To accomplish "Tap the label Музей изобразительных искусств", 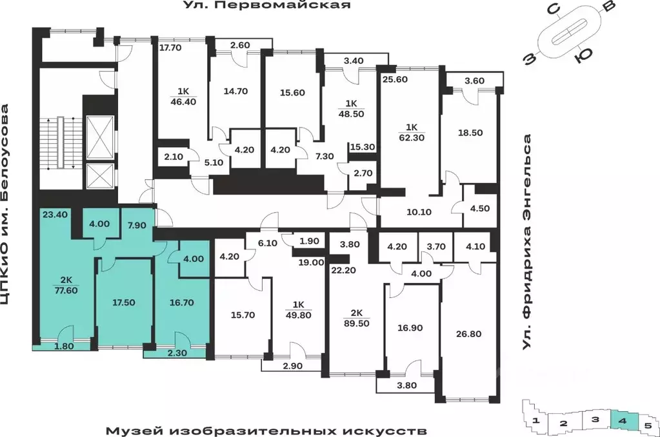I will (x=266, y=429).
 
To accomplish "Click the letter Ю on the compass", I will (x=583, y=57).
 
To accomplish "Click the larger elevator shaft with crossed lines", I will (x=99, y=137).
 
